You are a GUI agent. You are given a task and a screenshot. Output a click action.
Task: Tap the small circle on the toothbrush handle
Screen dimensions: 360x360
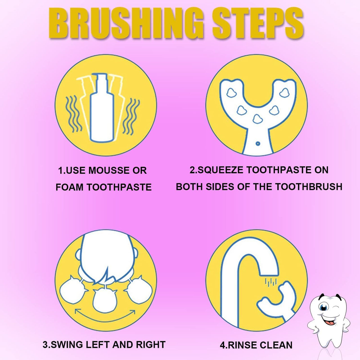(258, 143)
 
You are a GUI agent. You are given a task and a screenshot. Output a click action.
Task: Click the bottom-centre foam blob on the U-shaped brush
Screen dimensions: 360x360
(258, 119)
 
